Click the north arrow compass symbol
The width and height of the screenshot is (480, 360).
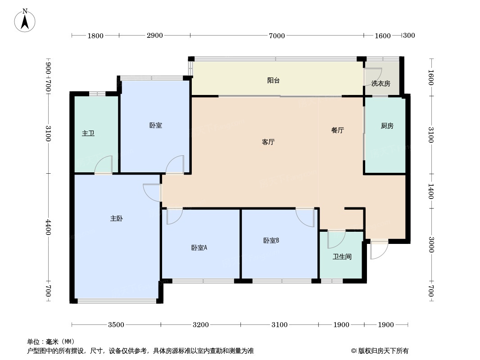point(25,20)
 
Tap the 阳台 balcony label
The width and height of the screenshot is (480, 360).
point(273,81)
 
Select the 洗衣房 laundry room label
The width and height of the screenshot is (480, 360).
point(381,84)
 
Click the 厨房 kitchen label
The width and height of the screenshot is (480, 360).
point(387,126)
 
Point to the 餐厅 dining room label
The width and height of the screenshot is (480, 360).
point(338,130)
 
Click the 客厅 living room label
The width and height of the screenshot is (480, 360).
point(268,142)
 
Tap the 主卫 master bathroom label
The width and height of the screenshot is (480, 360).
point(88,133)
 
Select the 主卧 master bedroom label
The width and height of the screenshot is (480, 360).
point(117,218)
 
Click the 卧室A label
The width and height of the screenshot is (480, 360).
point(199,248)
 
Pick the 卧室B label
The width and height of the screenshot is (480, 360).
point(271,241)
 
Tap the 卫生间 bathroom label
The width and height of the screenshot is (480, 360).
point(342,256)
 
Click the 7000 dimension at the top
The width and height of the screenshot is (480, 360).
point(277,36)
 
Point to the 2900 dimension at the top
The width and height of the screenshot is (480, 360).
point(154,36)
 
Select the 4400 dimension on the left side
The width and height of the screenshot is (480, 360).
point(48,227)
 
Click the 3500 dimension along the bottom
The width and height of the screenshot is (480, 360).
point(116,324)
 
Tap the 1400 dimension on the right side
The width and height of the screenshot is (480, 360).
point(431,191)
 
